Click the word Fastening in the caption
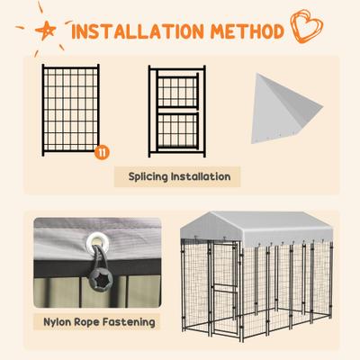pyautogui.click(x=126, y=321)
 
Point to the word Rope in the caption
pyautogui.click(x=90, y=321)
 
